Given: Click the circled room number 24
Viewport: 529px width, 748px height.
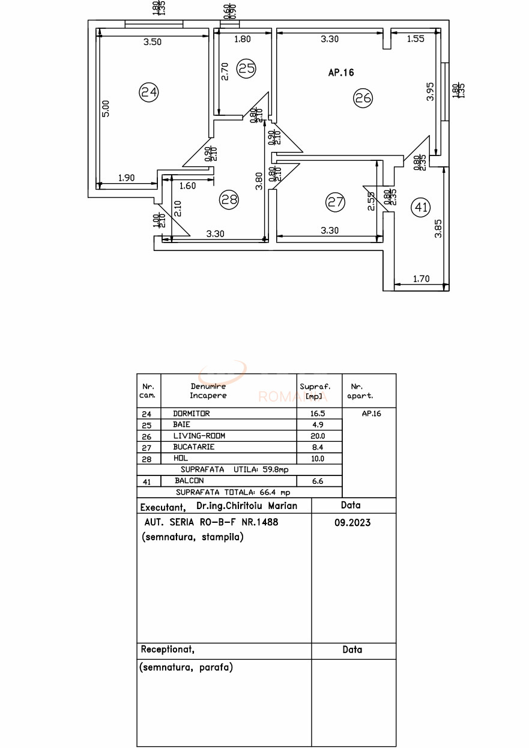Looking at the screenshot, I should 148,92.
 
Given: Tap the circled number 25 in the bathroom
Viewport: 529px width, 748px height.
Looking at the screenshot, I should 246,68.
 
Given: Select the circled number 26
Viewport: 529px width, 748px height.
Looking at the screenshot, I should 363,97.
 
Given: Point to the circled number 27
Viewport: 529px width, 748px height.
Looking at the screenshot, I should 335,202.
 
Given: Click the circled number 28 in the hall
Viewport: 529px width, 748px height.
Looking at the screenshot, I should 229,200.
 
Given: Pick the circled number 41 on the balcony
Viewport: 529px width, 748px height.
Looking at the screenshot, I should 420,208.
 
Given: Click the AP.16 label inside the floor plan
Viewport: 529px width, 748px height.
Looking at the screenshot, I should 341,73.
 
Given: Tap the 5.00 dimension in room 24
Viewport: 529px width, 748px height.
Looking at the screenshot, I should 106,108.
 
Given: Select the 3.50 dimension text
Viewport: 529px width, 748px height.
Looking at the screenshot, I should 153,42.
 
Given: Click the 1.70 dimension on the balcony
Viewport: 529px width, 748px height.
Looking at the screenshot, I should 422,278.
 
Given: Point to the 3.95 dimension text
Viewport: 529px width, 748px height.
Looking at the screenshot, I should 430,92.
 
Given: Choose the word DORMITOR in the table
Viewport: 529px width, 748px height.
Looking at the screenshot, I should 192,414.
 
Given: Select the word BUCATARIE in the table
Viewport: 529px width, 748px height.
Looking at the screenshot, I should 194,447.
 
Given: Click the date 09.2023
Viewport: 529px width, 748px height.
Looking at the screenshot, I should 352,523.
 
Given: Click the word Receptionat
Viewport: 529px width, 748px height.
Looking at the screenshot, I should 168,650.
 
